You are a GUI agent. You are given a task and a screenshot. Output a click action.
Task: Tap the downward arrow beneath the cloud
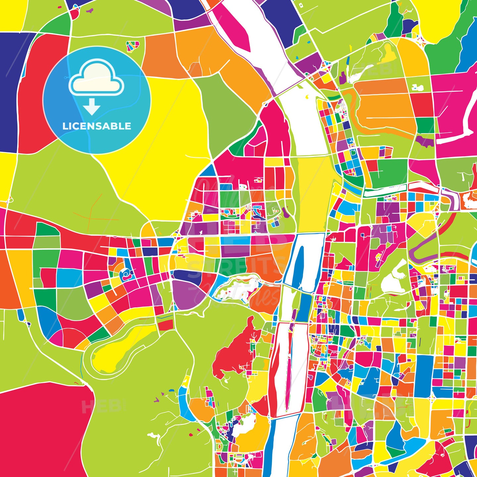pos(92,107)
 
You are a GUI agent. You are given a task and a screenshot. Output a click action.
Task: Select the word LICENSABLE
pos(97,126)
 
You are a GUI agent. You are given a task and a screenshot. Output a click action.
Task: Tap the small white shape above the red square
pos(418,88)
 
